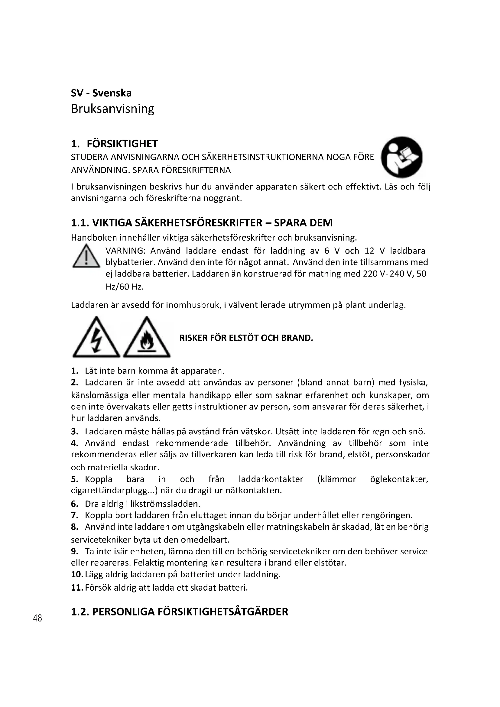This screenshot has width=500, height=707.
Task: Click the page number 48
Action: (x=37, y=618)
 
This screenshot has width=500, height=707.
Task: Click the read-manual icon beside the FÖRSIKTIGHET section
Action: (x=401, y=157)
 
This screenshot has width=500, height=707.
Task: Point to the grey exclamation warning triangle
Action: (x=86, y=257)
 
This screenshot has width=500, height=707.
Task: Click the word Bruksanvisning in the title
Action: (x=112, y=109)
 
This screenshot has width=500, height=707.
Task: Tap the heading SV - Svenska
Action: (x=101, y=93)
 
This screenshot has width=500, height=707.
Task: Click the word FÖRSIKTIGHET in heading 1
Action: (x=122, y=144)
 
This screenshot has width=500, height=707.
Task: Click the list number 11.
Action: (x=77, y=588)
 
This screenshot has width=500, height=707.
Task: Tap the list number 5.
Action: (x=74, y=479)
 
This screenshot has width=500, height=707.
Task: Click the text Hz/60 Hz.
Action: (x=124, y=287)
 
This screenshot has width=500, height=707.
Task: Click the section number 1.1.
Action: (x=80, y=223)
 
